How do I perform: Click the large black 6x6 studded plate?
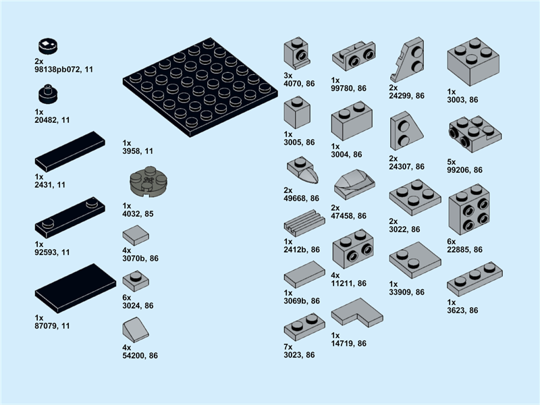200,88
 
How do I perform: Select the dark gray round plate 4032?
148,182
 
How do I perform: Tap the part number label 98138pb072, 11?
63,70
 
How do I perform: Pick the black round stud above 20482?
48,94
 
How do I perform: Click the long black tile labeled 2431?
70,151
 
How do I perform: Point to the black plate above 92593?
70,217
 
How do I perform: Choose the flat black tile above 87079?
76,289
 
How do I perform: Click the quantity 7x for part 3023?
288,347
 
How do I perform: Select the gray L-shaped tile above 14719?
357,313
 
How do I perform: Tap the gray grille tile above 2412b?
304,223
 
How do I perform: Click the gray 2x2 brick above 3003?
473,61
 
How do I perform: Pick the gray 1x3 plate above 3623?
475,279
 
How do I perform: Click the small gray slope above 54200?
136,330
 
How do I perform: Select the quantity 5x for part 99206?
451,162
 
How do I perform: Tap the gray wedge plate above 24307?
406,131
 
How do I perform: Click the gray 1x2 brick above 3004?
352,121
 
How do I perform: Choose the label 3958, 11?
138,151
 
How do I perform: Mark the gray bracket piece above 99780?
354,56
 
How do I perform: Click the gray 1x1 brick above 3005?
297,112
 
